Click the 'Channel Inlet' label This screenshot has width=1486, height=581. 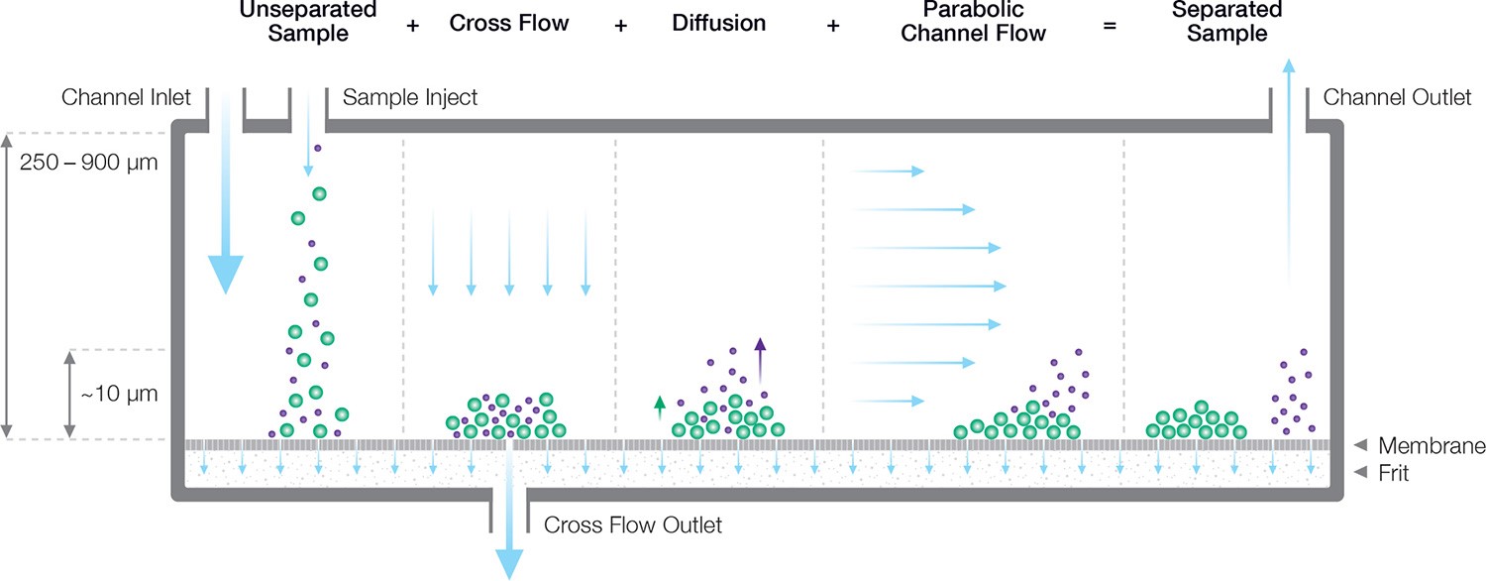[x=126, y=97]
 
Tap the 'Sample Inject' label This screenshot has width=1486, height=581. [x=409, y=97]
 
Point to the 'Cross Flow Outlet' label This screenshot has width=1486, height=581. [x=633, y=524]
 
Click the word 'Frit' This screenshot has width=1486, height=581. [x=1392, y=473]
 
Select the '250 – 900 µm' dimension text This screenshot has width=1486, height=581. [x=89, y=162]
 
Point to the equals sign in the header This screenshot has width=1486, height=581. [x=1110, y=25]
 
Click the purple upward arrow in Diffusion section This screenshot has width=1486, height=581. [x=760, y=346]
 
